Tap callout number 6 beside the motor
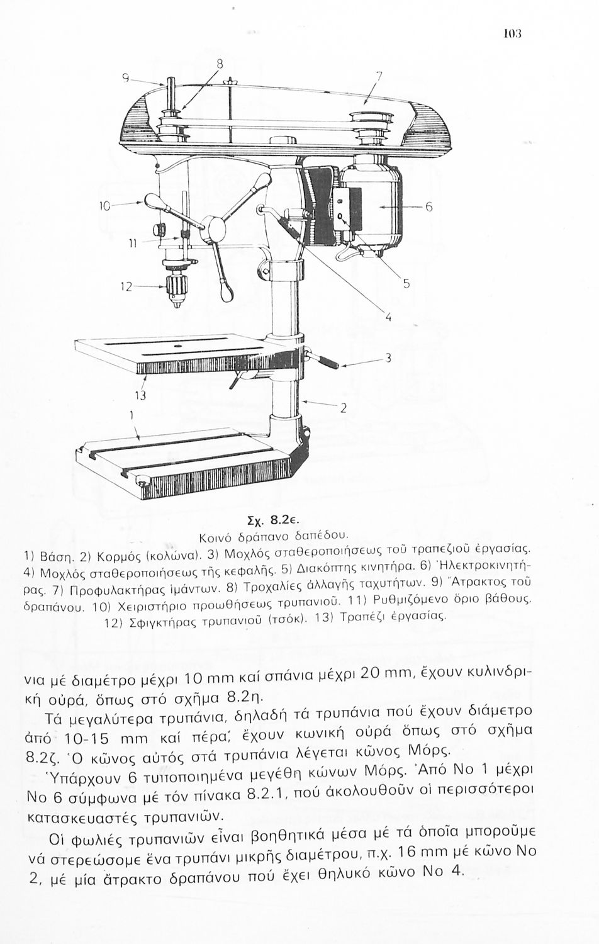pyautogui.click(x=429, y=207)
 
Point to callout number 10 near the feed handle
pyautogui.click(x=104, y=205)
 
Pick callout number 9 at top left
pyautogui.click(x=126, y=78)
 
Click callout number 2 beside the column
pyautogui.click(x=344, y=408)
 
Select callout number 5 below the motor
pyautogui.click(x=406, y=284)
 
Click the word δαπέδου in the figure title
pyautogui.click(x=319, y=535)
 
